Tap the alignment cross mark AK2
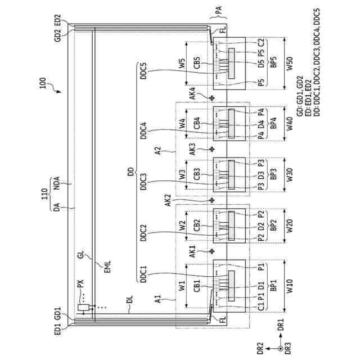(211, 200)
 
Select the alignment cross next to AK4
(211, 97)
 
